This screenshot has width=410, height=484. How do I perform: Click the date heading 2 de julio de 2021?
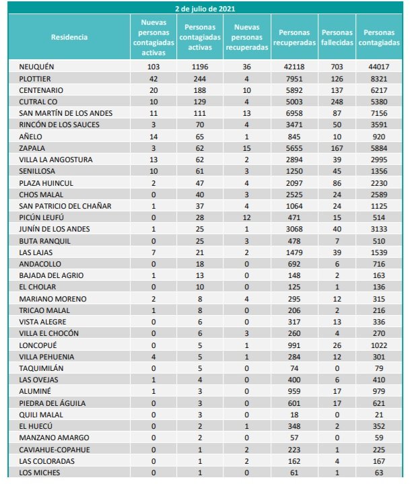pos(205,9)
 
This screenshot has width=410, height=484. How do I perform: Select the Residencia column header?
pos(69,37)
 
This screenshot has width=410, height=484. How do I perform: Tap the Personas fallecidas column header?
pos(337,37)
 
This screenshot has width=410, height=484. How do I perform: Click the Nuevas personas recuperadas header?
pos(248,37)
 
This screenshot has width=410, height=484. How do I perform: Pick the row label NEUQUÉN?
pos(36,67)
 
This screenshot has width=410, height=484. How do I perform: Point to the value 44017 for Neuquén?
pos(379,67)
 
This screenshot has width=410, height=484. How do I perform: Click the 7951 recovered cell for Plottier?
pos(294,78)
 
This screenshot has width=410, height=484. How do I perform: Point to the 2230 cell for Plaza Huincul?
pos(379,182)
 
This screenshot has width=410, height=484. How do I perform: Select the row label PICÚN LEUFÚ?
pos(42,217)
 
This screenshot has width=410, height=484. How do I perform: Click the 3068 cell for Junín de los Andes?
pos(294,229)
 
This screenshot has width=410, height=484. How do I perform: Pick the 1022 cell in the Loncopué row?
pos(379,345)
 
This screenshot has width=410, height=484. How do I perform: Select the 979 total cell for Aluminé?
pos(379,391)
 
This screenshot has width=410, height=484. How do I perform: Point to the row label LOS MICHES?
pos(40,473)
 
